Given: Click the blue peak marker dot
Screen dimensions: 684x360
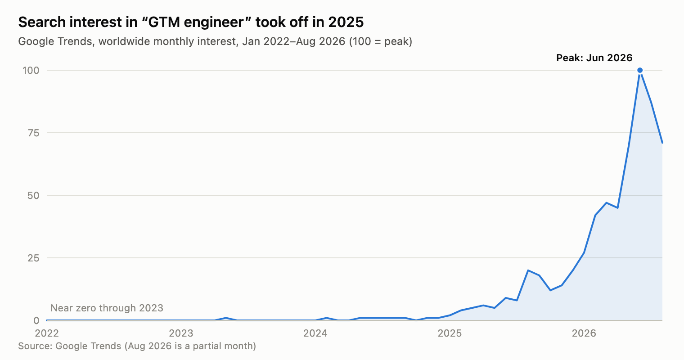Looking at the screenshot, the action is coord(640,70).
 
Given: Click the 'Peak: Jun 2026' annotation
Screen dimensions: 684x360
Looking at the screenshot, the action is coord(594,58).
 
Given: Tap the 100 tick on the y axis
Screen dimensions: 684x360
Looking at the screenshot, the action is coord(31,71).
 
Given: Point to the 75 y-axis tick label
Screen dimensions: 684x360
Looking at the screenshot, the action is coord(33,133).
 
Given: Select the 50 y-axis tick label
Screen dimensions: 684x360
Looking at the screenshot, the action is coord(33,195).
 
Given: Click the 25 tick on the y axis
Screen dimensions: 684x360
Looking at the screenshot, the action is coord(33,258).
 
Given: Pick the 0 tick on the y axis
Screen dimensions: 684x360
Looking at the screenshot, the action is coord(36,320).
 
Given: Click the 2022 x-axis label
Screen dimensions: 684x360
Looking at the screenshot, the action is coord(47,333).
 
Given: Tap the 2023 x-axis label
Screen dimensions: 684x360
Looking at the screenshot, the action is coord(181,333).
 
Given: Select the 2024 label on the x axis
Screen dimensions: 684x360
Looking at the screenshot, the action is coord(315,333).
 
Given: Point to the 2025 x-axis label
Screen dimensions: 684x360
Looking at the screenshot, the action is coord(450,333).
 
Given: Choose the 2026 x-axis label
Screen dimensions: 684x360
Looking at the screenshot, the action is coord(584,333).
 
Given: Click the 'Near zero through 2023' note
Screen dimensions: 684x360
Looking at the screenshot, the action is coord(107,308).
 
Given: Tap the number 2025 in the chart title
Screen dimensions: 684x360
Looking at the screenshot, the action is coord(346,22).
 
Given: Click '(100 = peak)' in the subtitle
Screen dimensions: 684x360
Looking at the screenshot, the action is coord(381,41).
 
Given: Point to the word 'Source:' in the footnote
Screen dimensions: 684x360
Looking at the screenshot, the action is coord(35,346).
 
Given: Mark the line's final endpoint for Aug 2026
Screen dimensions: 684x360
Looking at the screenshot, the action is coord(662,143).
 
